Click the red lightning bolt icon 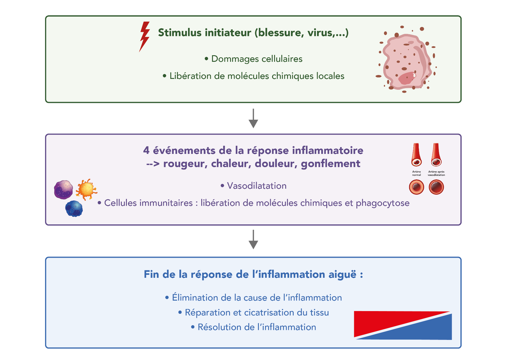145,36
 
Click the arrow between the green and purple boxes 253,119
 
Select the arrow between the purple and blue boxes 253,240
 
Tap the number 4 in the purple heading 146,150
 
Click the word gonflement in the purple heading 331,164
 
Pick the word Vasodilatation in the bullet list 257,186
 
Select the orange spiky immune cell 86,189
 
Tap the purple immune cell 63,190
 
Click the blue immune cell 74,208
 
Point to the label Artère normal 416,173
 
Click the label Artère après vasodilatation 436,173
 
